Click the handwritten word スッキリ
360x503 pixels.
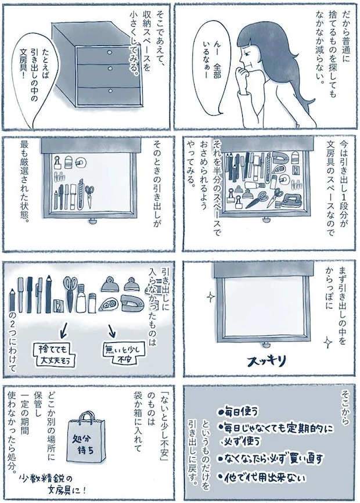click(x=267, y=361)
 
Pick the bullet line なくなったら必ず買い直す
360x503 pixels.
click(x=270, y=458)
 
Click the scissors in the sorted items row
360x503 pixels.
click(x=71, y=289)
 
